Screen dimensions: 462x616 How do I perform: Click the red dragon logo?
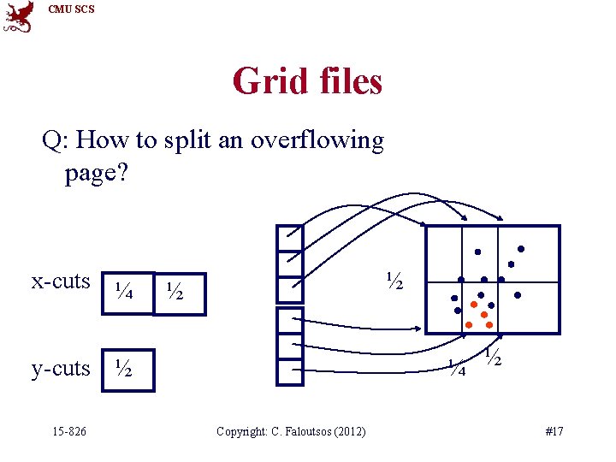[x=19, y=17]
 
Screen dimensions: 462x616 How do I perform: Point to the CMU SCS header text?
[x=72, y=9]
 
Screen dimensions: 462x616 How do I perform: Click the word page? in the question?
[x=96, y=174]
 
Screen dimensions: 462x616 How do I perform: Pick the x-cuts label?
[x=61, y=281]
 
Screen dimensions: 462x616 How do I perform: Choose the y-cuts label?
[x=61, y=368]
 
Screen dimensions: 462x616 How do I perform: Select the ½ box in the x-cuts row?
[x=179, y=293]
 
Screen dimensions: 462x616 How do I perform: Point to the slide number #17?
[x=554, y=431]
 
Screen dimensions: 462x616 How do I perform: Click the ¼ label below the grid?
[x=458, y=369]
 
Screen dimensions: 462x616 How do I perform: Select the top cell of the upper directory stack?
[x=290, y=238]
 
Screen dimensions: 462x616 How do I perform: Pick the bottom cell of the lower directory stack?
[x=290, y=374]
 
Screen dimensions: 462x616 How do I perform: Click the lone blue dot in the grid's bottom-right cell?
[x=518, y=295]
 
